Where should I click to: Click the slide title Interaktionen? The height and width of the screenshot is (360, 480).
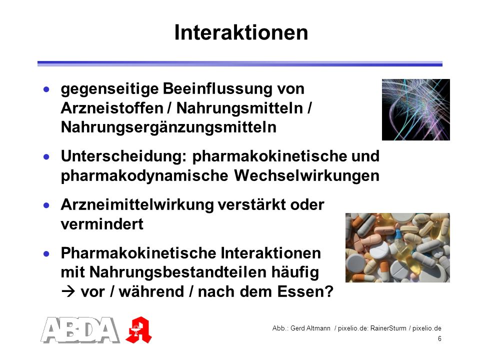coord(241,32)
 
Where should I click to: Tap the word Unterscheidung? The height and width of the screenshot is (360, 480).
coord(123,156)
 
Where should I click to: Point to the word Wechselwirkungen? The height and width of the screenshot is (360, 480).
coord(306,175)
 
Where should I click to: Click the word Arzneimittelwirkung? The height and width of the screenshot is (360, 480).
coord(137,205)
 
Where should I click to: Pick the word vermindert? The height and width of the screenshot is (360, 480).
coord(102,224)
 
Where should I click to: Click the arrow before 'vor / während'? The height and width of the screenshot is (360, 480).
coord(68,291)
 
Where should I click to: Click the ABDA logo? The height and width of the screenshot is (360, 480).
coord(80,329)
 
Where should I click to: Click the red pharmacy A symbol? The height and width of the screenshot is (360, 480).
coord(138,330)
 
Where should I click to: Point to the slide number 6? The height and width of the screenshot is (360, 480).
coord(439,338)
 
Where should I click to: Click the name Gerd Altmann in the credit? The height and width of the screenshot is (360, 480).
coord(310,328)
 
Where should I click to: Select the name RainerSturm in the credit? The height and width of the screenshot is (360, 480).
coord(388,328)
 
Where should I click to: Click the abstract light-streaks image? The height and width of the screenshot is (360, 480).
coord(415,109)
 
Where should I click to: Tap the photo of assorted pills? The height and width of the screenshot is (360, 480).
coord(397,247)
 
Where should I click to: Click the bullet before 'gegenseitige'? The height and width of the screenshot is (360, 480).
coord(46,89)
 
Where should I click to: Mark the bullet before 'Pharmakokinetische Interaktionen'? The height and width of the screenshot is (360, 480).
coord(46,254)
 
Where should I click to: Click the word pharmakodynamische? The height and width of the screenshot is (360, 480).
coord(144,176)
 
